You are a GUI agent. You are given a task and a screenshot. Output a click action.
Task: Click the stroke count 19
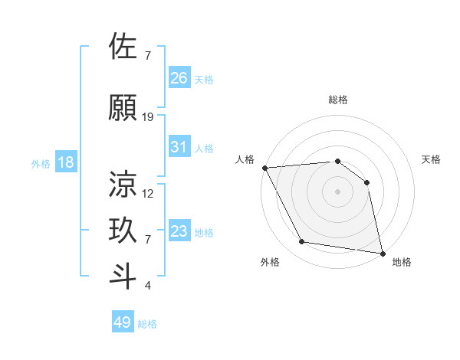[148, 117]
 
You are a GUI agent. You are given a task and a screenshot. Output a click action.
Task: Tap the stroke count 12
[148, 194]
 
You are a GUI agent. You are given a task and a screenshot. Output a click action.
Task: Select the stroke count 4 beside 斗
[147, 286]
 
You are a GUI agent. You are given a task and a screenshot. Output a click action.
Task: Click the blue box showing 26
[179, 77]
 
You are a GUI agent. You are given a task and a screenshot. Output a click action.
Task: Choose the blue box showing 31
[179, 146]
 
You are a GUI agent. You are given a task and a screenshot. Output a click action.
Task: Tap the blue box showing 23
[179, 231]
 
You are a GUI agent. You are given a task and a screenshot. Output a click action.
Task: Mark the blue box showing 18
[65, 162]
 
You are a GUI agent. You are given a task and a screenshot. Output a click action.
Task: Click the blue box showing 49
[123, 322]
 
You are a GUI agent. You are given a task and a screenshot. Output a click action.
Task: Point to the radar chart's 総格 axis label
[338, 100]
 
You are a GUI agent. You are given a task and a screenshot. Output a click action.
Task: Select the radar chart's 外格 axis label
[270, 262]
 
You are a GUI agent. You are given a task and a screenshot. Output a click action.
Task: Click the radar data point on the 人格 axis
[264, 168]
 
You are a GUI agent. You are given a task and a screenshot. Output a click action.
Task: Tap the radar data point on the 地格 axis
[382, 252]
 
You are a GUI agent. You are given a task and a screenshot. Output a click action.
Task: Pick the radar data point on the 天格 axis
[366, 182]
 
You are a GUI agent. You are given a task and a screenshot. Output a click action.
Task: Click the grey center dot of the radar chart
[337, 191]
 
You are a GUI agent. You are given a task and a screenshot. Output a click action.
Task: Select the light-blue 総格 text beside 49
[147, 324]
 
